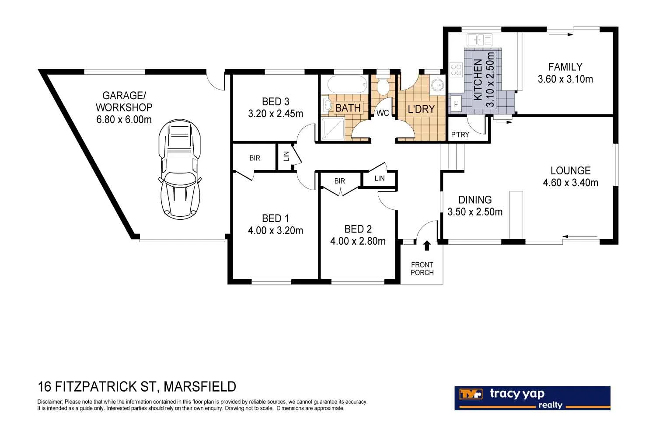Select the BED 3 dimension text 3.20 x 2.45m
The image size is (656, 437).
tap(276, 114)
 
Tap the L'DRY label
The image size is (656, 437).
tap(421, 109)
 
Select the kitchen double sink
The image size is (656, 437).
tap(479, 40)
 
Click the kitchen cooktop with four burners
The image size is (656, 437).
tap(456, 69)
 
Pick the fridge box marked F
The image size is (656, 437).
tap(456, 105)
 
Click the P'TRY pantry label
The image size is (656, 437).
tap(460, 135)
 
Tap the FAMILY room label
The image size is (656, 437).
tap(565, 67)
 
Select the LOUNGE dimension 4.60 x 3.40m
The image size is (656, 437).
tap(570, 183)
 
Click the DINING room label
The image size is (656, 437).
tap(475, 200)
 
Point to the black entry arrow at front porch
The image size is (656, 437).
tap(427, 246)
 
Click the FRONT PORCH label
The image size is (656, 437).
tap(422, 269)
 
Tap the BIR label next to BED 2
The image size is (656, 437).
tap(339, 181)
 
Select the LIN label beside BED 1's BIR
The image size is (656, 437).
tap(286, 156)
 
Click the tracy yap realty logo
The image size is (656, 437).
tap(532, 398)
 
